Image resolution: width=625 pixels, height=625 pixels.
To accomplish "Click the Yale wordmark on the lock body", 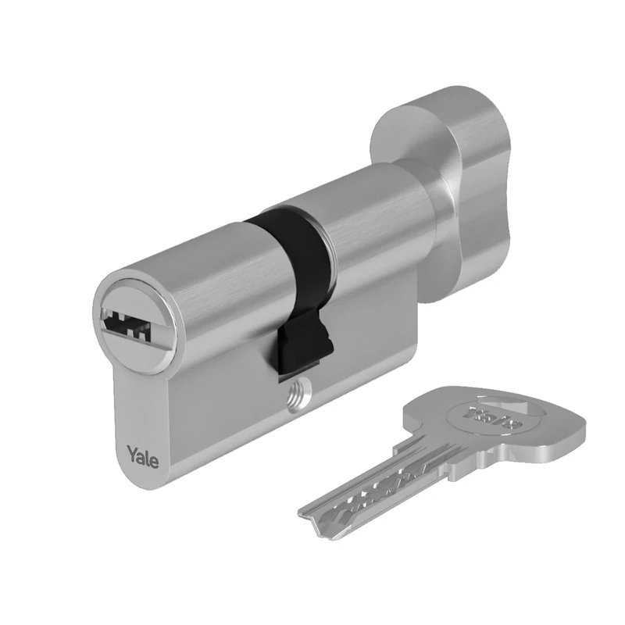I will coord(142,455).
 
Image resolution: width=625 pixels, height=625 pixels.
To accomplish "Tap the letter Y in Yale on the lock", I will coord(130,454).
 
